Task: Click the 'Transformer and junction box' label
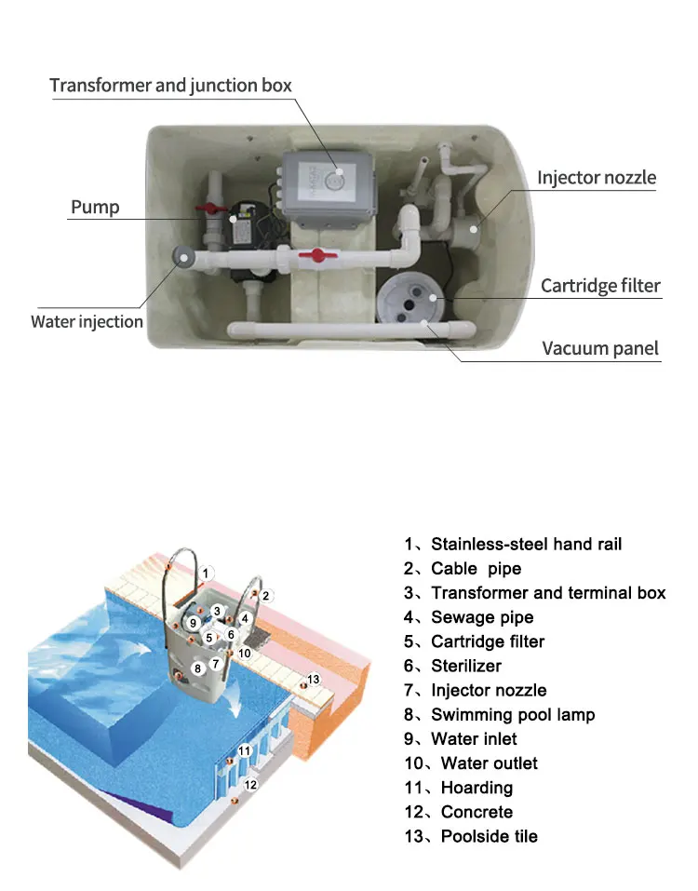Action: click(170, 86)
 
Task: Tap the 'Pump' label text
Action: click(95, 207)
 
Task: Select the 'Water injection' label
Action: click(87, 322)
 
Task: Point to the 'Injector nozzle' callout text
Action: click(597, 178)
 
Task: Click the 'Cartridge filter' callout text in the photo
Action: click(600, 286)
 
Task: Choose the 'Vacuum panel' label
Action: click(600, 349)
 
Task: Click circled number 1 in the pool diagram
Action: click(208, 573)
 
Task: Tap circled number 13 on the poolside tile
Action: click(314, 680)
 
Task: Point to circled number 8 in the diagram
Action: click(197, 668)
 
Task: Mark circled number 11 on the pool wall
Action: click(245, 749)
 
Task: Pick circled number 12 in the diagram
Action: click(250, 785)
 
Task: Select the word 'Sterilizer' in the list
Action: click(465, 666)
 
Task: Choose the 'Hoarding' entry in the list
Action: click(477, 788)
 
